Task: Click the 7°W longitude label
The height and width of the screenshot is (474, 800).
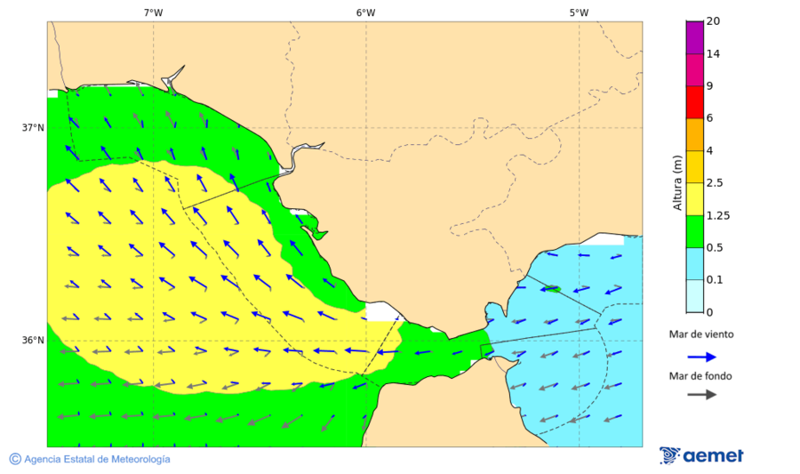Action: point(153,12)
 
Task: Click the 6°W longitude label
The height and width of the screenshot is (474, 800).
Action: point(365,12)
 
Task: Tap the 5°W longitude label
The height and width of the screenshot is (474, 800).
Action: point(579,12)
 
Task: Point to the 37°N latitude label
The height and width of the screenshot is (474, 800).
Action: point(33,128)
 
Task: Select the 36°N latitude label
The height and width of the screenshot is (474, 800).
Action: point(33,341)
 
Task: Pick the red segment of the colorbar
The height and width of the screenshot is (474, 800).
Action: point(694,102)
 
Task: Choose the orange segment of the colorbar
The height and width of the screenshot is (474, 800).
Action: point(694,134)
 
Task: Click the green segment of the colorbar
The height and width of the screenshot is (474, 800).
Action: point(694,231)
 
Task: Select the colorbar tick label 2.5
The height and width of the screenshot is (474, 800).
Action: point(715,183)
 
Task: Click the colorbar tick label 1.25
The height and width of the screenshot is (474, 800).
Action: point(717,215)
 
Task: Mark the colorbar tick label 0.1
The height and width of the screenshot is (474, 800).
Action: point(715,280)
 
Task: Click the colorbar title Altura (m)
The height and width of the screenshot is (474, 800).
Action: point(677,183)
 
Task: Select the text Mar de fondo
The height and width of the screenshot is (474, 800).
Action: point(701,375)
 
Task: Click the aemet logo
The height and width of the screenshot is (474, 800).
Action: point(701,455)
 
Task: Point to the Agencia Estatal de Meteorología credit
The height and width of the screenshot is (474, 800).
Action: point(90,459)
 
